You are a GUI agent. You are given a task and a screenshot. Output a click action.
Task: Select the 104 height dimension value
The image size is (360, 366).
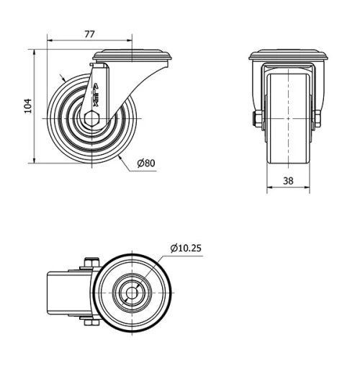27,106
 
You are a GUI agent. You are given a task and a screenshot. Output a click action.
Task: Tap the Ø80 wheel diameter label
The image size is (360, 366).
145,163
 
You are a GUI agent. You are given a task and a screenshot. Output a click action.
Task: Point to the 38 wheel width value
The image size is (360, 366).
288,182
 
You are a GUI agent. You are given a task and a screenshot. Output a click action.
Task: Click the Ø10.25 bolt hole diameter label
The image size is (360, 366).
186,248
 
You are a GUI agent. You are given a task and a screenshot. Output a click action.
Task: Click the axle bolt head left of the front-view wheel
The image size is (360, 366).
256,119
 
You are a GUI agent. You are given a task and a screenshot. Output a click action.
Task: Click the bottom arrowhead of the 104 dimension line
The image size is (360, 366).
35,160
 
